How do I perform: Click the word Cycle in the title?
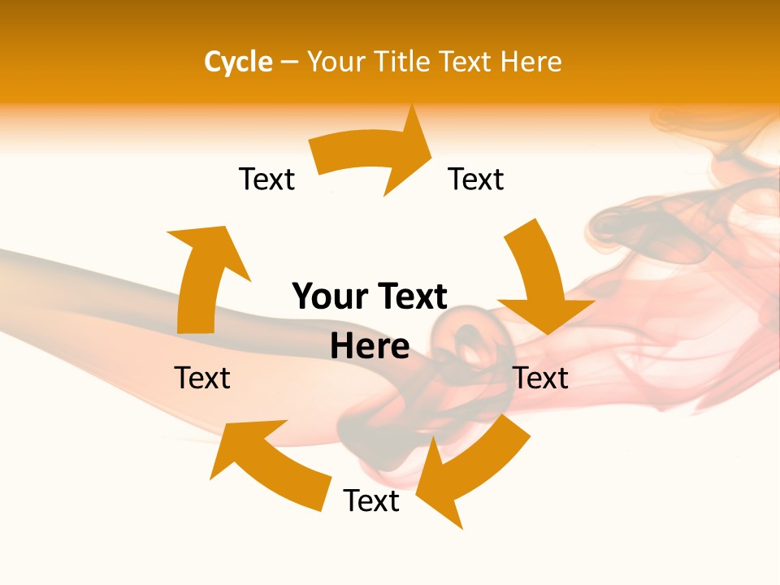coord(238,62)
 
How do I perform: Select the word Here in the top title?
coord(532,62)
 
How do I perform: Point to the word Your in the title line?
coord(336,62)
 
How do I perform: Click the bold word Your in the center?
coord(328,297)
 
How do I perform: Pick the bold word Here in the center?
coord(370,346)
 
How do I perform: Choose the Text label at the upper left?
coord(266,179)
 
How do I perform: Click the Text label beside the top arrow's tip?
coord(476,179)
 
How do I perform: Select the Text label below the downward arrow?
coord(541,378)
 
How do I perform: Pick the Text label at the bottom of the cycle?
coord(371,500)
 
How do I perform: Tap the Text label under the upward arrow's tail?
coord(202,378)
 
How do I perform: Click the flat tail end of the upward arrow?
coord(196,328)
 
